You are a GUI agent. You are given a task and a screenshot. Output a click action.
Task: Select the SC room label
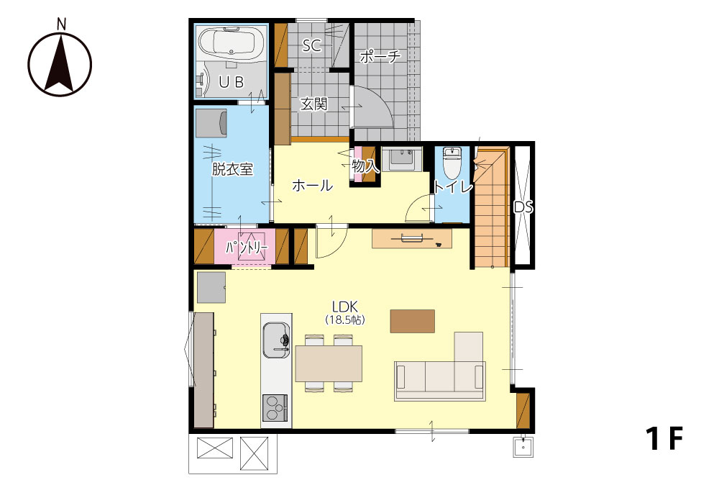312,45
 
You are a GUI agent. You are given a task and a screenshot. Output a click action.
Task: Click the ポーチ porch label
380,56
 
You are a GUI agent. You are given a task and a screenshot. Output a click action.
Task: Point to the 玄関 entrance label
314,104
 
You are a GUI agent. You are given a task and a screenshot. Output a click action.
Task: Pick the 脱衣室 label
232,169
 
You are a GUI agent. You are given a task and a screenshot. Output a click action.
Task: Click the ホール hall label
312,186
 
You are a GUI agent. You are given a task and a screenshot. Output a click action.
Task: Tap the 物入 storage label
365,166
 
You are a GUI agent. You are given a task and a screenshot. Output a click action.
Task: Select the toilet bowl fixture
452,164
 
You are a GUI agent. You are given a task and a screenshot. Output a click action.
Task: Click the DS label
523,207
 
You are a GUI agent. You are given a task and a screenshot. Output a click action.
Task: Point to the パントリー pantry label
246,248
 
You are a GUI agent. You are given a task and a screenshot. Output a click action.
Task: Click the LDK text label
345,307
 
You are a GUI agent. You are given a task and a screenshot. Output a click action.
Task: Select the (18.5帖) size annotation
345,320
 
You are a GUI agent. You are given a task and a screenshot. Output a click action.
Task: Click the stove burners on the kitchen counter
275,407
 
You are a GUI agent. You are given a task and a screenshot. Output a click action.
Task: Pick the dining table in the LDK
329,363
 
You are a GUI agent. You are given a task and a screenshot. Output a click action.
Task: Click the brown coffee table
412,321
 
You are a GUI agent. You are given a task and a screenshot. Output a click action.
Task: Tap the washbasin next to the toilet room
402,159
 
